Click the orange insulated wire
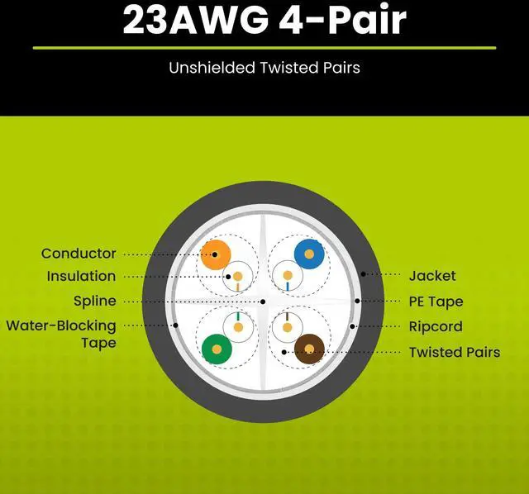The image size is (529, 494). tap(216, 254)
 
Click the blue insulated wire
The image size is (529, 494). tap(310, 254)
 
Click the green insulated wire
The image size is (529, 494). tap(217, 349)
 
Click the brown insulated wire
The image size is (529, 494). tap(310, 349)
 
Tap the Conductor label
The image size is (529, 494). tap(79, 254)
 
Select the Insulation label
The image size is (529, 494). tap(81, 276)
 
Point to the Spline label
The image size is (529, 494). tap(94, 302)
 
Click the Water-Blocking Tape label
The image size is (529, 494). tap(61, 334)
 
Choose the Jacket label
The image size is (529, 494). tap(432, 276)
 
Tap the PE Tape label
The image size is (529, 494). tap(436, 302)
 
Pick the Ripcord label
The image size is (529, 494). tap(436, 326)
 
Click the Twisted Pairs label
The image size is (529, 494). tap(455, 352)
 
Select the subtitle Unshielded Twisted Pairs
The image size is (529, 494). tap(264, 68)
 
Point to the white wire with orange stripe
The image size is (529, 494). tap(238, 276)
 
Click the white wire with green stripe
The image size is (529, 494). tap(238, 327)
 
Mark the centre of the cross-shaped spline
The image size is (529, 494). tap(263, 302)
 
